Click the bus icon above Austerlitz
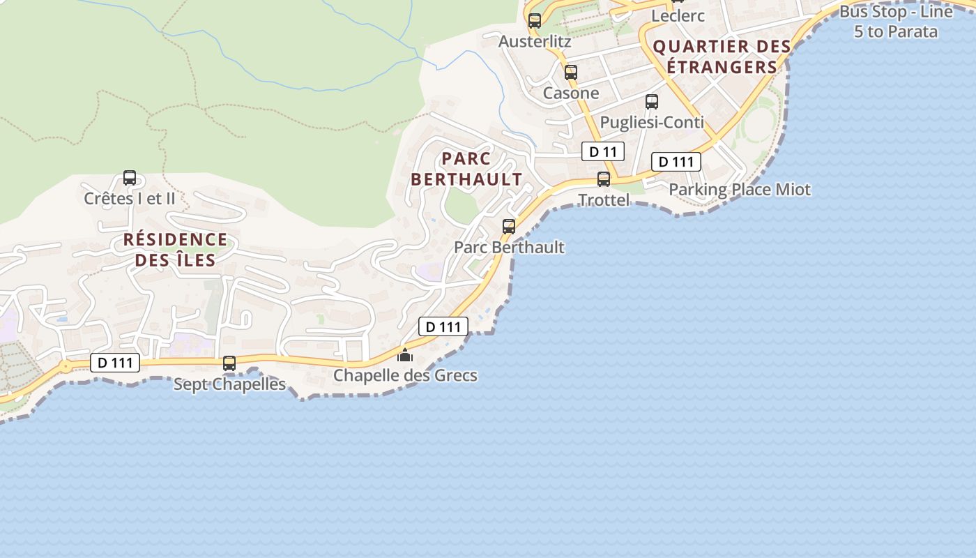[535, 21]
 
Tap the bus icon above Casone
[571, 72]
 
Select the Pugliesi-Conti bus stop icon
[652, 102]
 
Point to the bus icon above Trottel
[604, 179]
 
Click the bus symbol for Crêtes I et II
[130, 178]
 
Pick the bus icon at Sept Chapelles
[229, 363]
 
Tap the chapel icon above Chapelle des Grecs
[404, 355]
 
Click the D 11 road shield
[603, 151]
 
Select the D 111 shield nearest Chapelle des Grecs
[443, 326]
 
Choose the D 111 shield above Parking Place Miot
[676, 162]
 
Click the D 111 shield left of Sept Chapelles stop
[115, 363]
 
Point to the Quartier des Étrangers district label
[722, 56]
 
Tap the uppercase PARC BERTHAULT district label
[466, 169]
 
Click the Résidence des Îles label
[175, 250]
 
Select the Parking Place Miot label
[740, 190]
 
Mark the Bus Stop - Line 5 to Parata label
[896, 22]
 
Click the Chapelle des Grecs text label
[405, 375]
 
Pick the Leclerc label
[678, 15]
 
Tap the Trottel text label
[604, 200]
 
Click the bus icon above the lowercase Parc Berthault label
[509, 227]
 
